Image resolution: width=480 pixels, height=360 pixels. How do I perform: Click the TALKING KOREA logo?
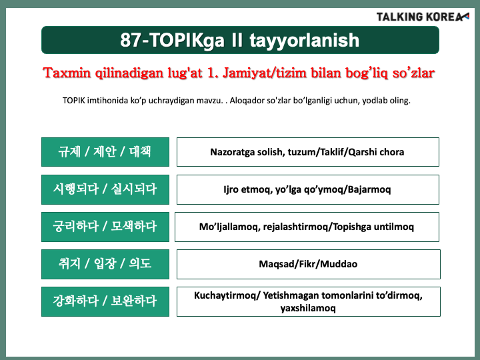click(x=423, y=17)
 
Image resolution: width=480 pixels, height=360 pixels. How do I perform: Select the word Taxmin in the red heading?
click(x=67, y=73)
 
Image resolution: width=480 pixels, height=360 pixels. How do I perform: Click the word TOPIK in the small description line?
click(x=74, y=101)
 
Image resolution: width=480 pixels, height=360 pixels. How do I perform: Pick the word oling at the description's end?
click(x=400, y=101)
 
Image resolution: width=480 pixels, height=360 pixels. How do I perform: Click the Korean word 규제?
click(x=69, y=152)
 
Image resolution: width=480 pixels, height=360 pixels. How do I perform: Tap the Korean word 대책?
click(x=140, y=152)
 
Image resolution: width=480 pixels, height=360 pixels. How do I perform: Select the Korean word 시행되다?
click(x=75, y=189)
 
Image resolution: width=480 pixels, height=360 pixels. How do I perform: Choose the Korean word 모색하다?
click(x=134, y=227)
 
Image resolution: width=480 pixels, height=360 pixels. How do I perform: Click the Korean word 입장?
click(x=105, y=263)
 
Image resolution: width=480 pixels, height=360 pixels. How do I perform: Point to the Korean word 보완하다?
click(x=134, y=301)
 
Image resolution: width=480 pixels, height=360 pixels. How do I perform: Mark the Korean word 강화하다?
click(x=75, y=301)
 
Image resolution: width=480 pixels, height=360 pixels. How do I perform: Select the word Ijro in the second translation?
click(x=231, y=190)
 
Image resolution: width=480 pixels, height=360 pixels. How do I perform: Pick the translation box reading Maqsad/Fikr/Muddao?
click(x=309, y=264)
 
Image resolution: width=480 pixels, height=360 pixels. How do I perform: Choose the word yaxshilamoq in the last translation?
click(x=308, y=308)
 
